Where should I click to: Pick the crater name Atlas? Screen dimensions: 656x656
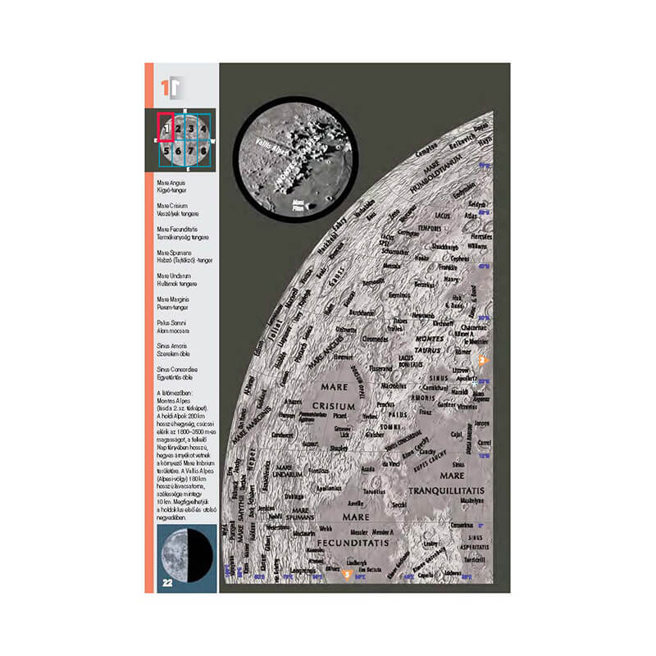(469, 216)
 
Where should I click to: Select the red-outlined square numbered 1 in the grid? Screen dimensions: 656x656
(166, 128)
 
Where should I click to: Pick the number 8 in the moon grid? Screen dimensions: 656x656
(203, 151)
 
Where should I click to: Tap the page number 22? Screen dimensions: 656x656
(166, 583)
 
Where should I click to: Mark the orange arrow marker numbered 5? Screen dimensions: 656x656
(347, 575)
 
